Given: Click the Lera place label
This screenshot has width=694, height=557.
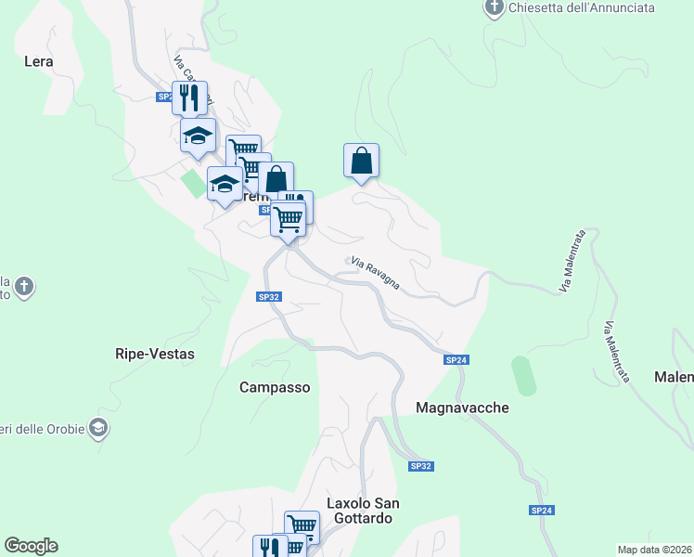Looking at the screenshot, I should point(38,62).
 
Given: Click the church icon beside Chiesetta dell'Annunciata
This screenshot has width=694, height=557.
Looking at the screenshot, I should point(495,8).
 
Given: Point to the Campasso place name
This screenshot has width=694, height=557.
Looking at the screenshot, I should point(275,387).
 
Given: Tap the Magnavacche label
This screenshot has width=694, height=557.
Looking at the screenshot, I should point(462,408).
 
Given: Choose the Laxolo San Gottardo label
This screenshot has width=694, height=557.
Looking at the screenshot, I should point(363,511).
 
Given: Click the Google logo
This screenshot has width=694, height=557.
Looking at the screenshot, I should point(31,546).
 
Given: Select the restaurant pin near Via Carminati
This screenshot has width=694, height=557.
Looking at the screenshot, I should point(189,98).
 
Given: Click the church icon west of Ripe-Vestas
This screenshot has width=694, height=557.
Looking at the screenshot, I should point(25,286).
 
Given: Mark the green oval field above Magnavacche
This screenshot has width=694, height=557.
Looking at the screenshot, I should point(522,375).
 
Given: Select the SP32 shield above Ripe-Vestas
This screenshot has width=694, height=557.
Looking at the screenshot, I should point(267,296).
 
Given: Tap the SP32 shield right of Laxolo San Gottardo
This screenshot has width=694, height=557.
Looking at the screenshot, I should point(420,466).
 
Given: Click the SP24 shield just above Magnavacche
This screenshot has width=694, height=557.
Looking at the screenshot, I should point(455,359).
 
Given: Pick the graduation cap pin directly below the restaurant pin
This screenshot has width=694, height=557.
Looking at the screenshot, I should point(197,136).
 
